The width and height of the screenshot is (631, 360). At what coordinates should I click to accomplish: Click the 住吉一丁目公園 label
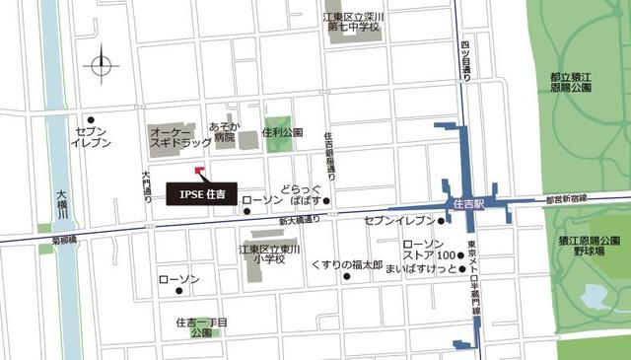201,327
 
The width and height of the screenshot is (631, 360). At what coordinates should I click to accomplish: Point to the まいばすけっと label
421,268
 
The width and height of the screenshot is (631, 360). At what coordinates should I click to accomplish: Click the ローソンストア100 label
429,251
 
